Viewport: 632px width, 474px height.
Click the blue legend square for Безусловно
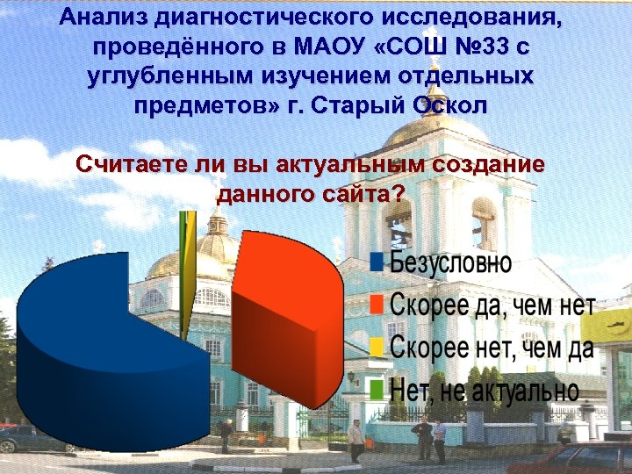pyautogui.click(x=377, y=262)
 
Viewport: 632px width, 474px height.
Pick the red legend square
pyautogui.click(x=377, y=305)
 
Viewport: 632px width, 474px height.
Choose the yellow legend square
pyautogui.click(x=377, y=347)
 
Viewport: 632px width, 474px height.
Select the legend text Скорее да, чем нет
pyautogui.click(x=492, y=305)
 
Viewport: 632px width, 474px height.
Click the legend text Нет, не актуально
pyautogui.click(x=484, y=388)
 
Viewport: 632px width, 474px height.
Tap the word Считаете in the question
pyautogui.click(x=130, y=164)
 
